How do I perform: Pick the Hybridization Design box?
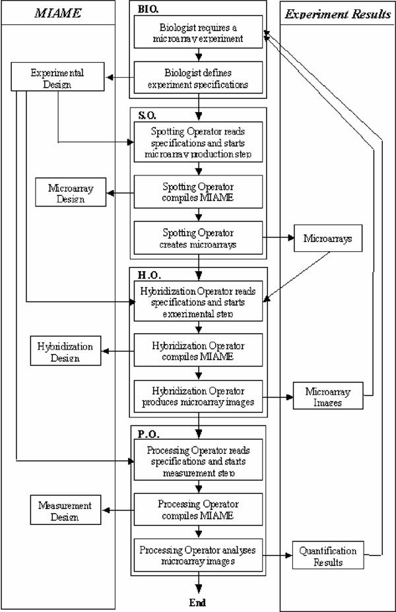tap(65, 351)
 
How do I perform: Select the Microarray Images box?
tap(327, 397)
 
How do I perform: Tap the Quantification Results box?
tap(327, 556)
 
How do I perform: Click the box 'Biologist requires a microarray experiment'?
tap(199, 34)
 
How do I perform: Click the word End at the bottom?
tap(197, 602)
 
